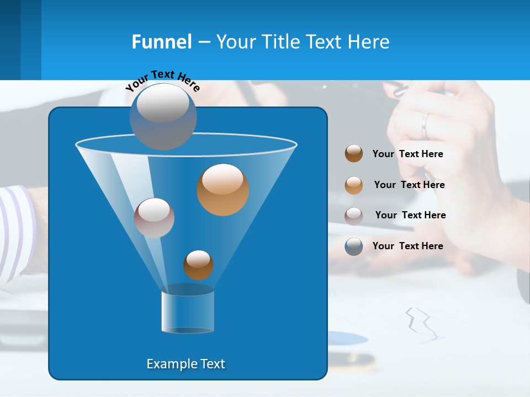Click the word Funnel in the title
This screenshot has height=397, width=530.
tap(162, 42)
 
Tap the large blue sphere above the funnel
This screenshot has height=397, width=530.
tap(163, 116)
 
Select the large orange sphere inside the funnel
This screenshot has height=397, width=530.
tap(222, 190)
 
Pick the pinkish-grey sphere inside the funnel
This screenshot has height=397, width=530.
tap(154, 218)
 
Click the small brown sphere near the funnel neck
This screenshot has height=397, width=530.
tap(198, 265)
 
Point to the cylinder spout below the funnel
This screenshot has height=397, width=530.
tap(188, 312)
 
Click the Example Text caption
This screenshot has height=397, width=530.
tap(185, 364)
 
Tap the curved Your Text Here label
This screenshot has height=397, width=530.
tap(162, 80)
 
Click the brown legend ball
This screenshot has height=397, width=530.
tap(354, 154)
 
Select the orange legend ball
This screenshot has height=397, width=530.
tap(354, 185)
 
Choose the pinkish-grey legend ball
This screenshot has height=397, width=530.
tap(354, 216)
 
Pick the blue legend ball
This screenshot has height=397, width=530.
tap(354, 246)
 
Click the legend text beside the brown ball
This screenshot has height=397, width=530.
tap(407, 154)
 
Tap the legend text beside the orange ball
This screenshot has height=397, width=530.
tap(409, 185)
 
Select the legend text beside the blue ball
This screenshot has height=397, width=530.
tap(407, 246)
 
